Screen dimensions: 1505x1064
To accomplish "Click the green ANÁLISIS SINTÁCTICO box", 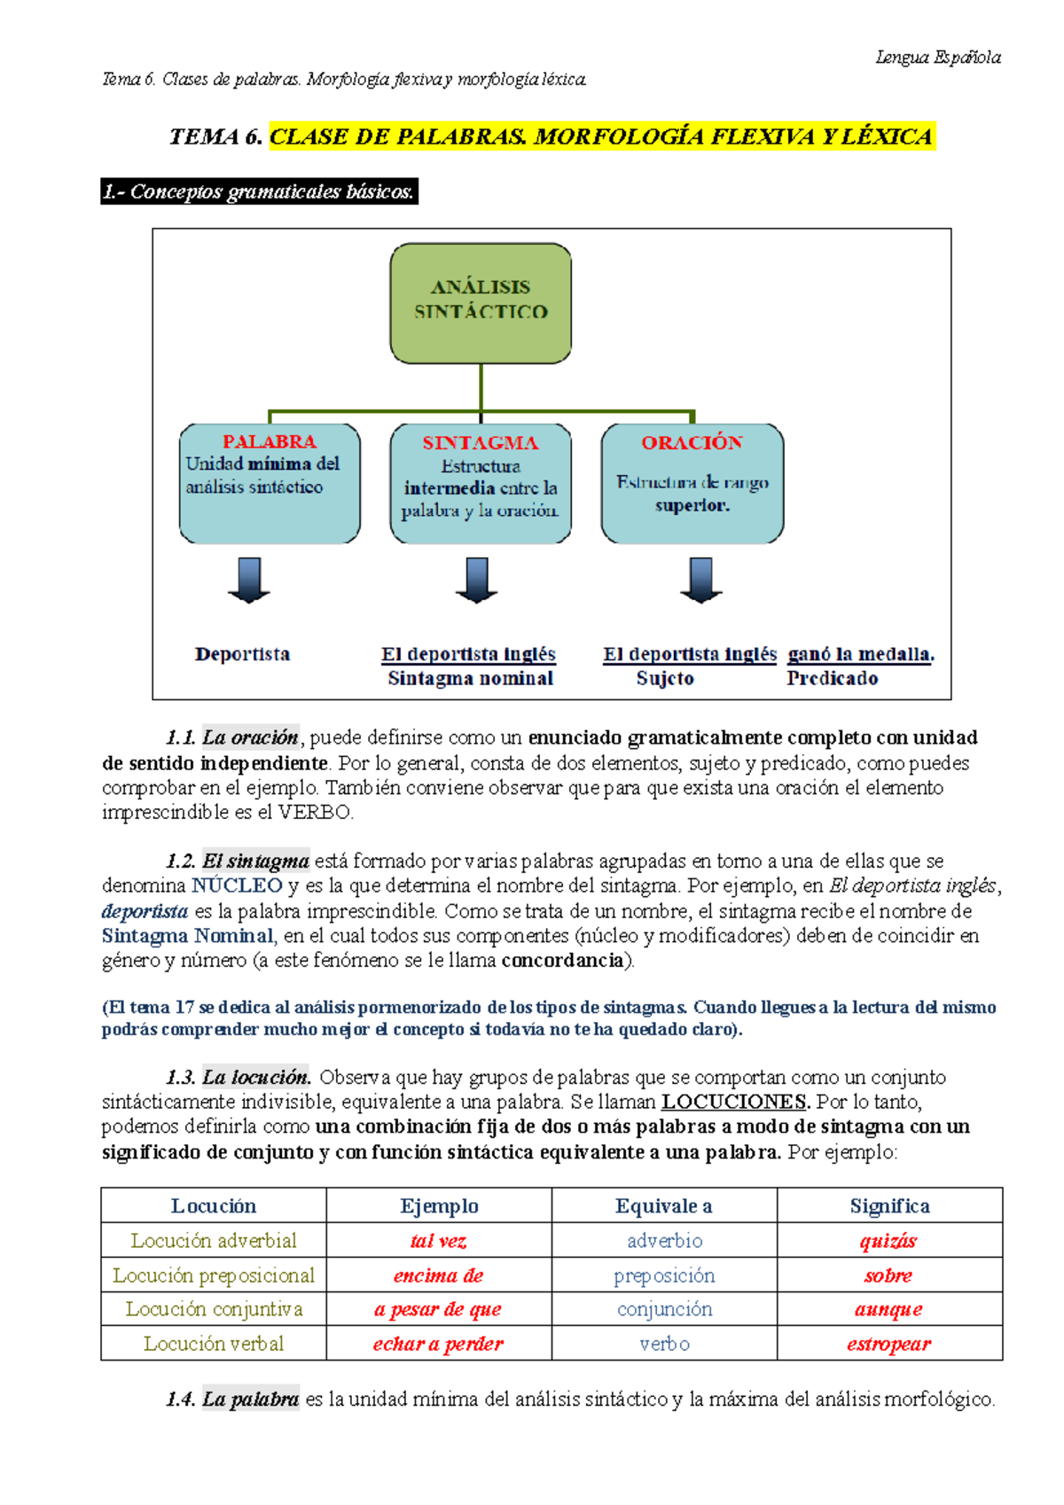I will (481, 303).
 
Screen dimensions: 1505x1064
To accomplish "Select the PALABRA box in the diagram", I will (270, 483).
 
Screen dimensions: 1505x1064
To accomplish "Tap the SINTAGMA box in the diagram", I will (481, 483).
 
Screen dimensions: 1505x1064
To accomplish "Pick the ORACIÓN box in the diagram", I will (692, 483).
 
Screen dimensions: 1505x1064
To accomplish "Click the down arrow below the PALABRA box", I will (249, 581).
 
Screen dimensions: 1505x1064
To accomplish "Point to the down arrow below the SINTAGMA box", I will (477, 581).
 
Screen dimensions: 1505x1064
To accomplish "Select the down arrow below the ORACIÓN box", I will (701, 581).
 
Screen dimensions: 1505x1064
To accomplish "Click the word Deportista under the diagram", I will (242, 654).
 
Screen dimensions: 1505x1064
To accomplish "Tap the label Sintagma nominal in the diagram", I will (470, 679).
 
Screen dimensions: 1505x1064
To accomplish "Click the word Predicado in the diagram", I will (832, 679).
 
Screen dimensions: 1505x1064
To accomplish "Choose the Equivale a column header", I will (664, 1206).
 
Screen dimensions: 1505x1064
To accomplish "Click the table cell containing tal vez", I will (439, 1241).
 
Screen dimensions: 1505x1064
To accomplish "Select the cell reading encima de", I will (439, 1275).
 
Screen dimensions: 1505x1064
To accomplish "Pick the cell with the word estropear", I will (889, 1344).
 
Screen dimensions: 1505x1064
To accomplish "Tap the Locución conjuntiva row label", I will (214, 1309).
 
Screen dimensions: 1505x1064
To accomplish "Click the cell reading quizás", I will (889, 1241).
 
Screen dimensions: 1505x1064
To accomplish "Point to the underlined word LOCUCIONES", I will (734, 1102).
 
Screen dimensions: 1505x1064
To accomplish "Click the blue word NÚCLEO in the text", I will (237, 885).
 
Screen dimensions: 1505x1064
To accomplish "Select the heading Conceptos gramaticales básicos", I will (259, 191).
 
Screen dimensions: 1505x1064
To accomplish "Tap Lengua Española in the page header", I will (938, 58).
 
